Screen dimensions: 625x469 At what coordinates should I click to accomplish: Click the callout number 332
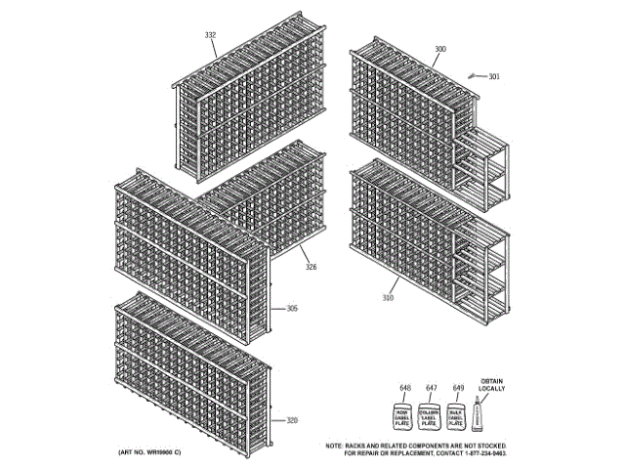210,35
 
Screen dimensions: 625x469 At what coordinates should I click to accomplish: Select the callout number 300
440,49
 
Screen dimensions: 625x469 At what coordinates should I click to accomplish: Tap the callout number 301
494,75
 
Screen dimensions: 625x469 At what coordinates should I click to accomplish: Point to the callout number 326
311,267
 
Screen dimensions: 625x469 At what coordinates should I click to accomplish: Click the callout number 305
292,309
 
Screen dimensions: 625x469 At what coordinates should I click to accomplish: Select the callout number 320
292,420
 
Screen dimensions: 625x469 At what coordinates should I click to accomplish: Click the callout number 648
402,387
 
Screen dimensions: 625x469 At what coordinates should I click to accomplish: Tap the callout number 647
430,387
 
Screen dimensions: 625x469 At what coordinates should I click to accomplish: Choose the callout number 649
457,387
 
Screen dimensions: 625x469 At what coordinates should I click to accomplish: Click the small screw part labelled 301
476,74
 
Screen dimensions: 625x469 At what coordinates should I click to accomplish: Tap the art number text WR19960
155,454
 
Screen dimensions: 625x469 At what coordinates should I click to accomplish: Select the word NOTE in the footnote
335,446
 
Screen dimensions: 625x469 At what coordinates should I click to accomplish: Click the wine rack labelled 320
190,371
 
